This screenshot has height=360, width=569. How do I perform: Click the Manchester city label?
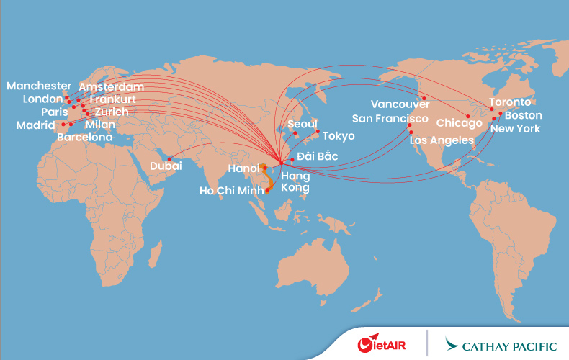click(39, 86)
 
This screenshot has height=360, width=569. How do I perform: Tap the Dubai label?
click(166, 166)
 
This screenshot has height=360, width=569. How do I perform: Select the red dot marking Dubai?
click(169, 158)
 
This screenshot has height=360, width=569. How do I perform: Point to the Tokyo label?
click(338, 136)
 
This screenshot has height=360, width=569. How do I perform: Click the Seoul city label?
click(302, 124)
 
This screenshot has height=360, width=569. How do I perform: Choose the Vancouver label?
click(400, 104)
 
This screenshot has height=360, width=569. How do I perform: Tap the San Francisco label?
click(390, 119)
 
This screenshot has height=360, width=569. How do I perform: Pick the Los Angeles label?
click(442, 140)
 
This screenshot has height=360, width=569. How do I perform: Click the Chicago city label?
click(459, 123)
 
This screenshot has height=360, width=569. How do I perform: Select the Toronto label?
click(510, 102)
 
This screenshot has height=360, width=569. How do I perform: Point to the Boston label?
click(524, 115)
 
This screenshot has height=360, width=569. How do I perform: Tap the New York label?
click(515, 129)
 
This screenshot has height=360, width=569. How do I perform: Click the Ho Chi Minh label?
click(233, 191)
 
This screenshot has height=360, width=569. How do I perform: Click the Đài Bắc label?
click(316, 156)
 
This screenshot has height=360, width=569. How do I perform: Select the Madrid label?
click(35, 125)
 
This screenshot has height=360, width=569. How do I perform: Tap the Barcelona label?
click(84, 137)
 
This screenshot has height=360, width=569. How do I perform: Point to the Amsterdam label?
click(111, 86)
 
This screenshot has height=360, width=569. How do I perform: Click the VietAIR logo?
click(381, 344)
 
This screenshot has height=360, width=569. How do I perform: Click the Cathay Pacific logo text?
click(513, 345)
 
